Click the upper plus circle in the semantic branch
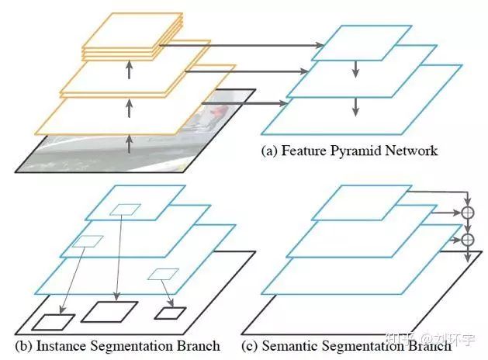tap(467, 211)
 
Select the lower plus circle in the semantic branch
tap(467, 240)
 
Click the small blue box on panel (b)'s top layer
tap(126, 209)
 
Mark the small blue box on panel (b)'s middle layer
tap(88, 241)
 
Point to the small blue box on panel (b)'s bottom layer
tap(163, 274)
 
